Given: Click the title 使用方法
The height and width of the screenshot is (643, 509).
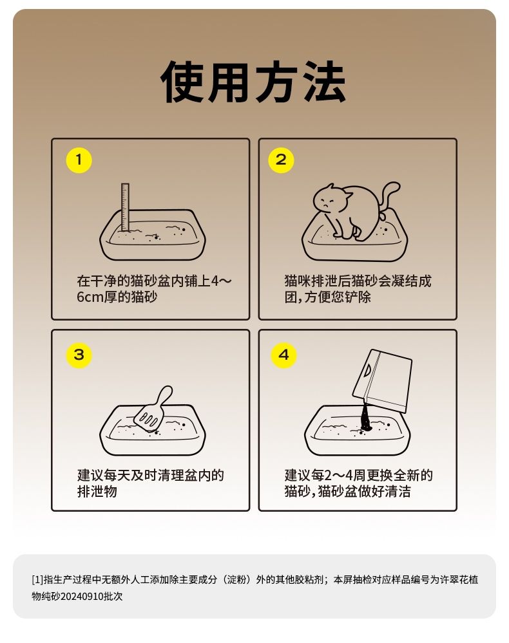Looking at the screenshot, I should [x=253, y=82].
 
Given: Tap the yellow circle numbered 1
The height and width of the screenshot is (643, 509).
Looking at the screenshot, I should [x=79, y=160].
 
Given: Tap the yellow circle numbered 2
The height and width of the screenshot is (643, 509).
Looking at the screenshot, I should [x=281, y=160].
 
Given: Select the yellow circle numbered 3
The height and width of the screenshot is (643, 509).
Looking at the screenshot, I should [x=79, y=355].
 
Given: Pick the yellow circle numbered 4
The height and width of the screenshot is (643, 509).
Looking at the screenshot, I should [x=284, y=355].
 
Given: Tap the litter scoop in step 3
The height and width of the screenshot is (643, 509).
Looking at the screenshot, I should [x=153, y=411].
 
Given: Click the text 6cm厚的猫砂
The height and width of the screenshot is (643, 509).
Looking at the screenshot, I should [x=117, y=297].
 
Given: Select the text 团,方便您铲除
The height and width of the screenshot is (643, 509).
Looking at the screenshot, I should [x=328, y=297].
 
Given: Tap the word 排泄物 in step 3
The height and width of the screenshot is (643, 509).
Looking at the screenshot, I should [x=97, y=492].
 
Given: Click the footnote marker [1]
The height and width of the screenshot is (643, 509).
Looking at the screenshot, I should [x=37, y=579].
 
